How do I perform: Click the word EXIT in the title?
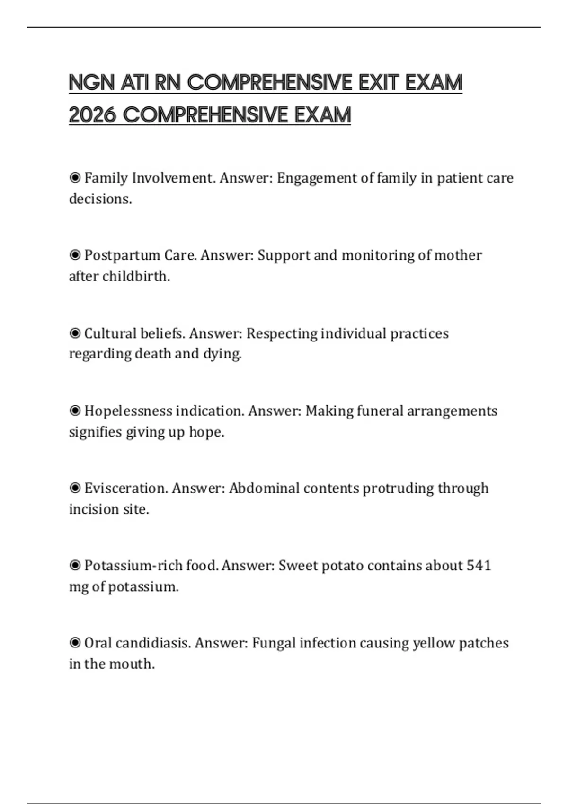click(x=379, y=83)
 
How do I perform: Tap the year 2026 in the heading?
click(x=92, y=115)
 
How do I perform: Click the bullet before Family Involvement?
click(x=75, y=178)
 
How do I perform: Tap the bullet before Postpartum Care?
click(x=75, y=255)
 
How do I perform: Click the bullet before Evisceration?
click(x=75, y=488)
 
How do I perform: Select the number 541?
click(x=479, y=566)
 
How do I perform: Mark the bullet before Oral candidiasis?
click(x=75, y=643)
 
